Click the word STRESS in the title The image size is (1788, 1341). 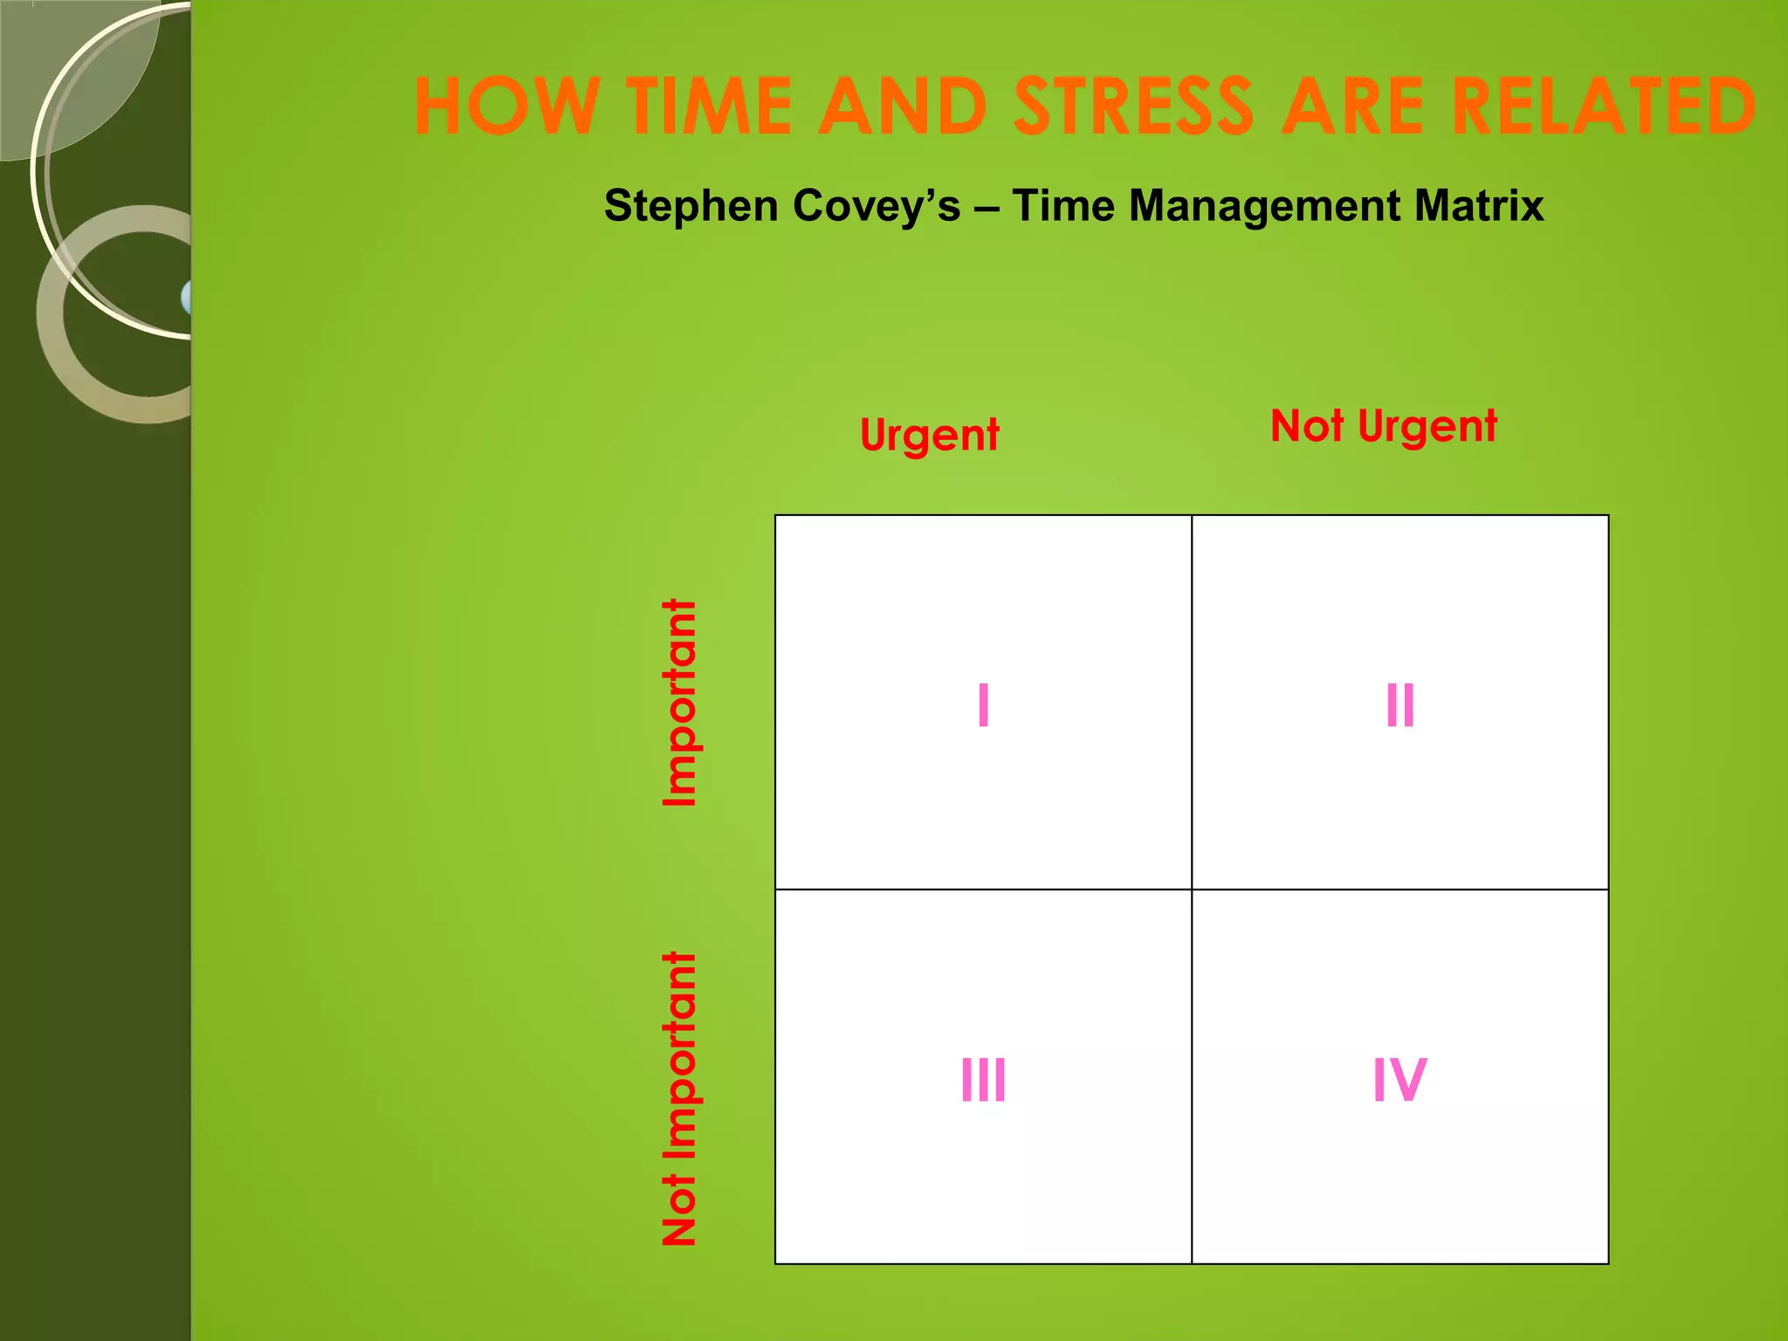[x=1135, y=107]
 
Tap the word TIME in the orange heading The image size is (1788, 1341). [x=708, y=107]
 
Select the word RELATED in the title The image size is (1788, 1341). [x=1604, y=107]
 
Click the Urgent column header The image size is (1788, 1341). [x=929, y=436]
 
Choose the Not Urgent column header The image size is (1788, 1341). [x=1384, y=427]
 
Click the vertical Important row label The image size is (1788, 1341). [x=680, y=703]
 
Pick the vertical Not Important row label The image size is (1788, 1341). [x=680, y=1098]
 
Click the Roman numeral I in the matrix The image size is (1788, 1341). [x=983, y=705]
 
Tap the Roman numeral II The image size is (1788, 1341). [x=1399, y=705]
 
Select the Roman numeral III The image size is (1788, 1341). [x=983, y=1080]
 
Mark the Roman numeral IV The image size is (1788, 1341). [x=1399, y=1080]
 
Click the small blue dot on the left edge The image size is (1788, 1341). [x=187, y=298]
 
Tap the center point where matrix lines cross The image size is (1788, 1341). [x=1192, y=890]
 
